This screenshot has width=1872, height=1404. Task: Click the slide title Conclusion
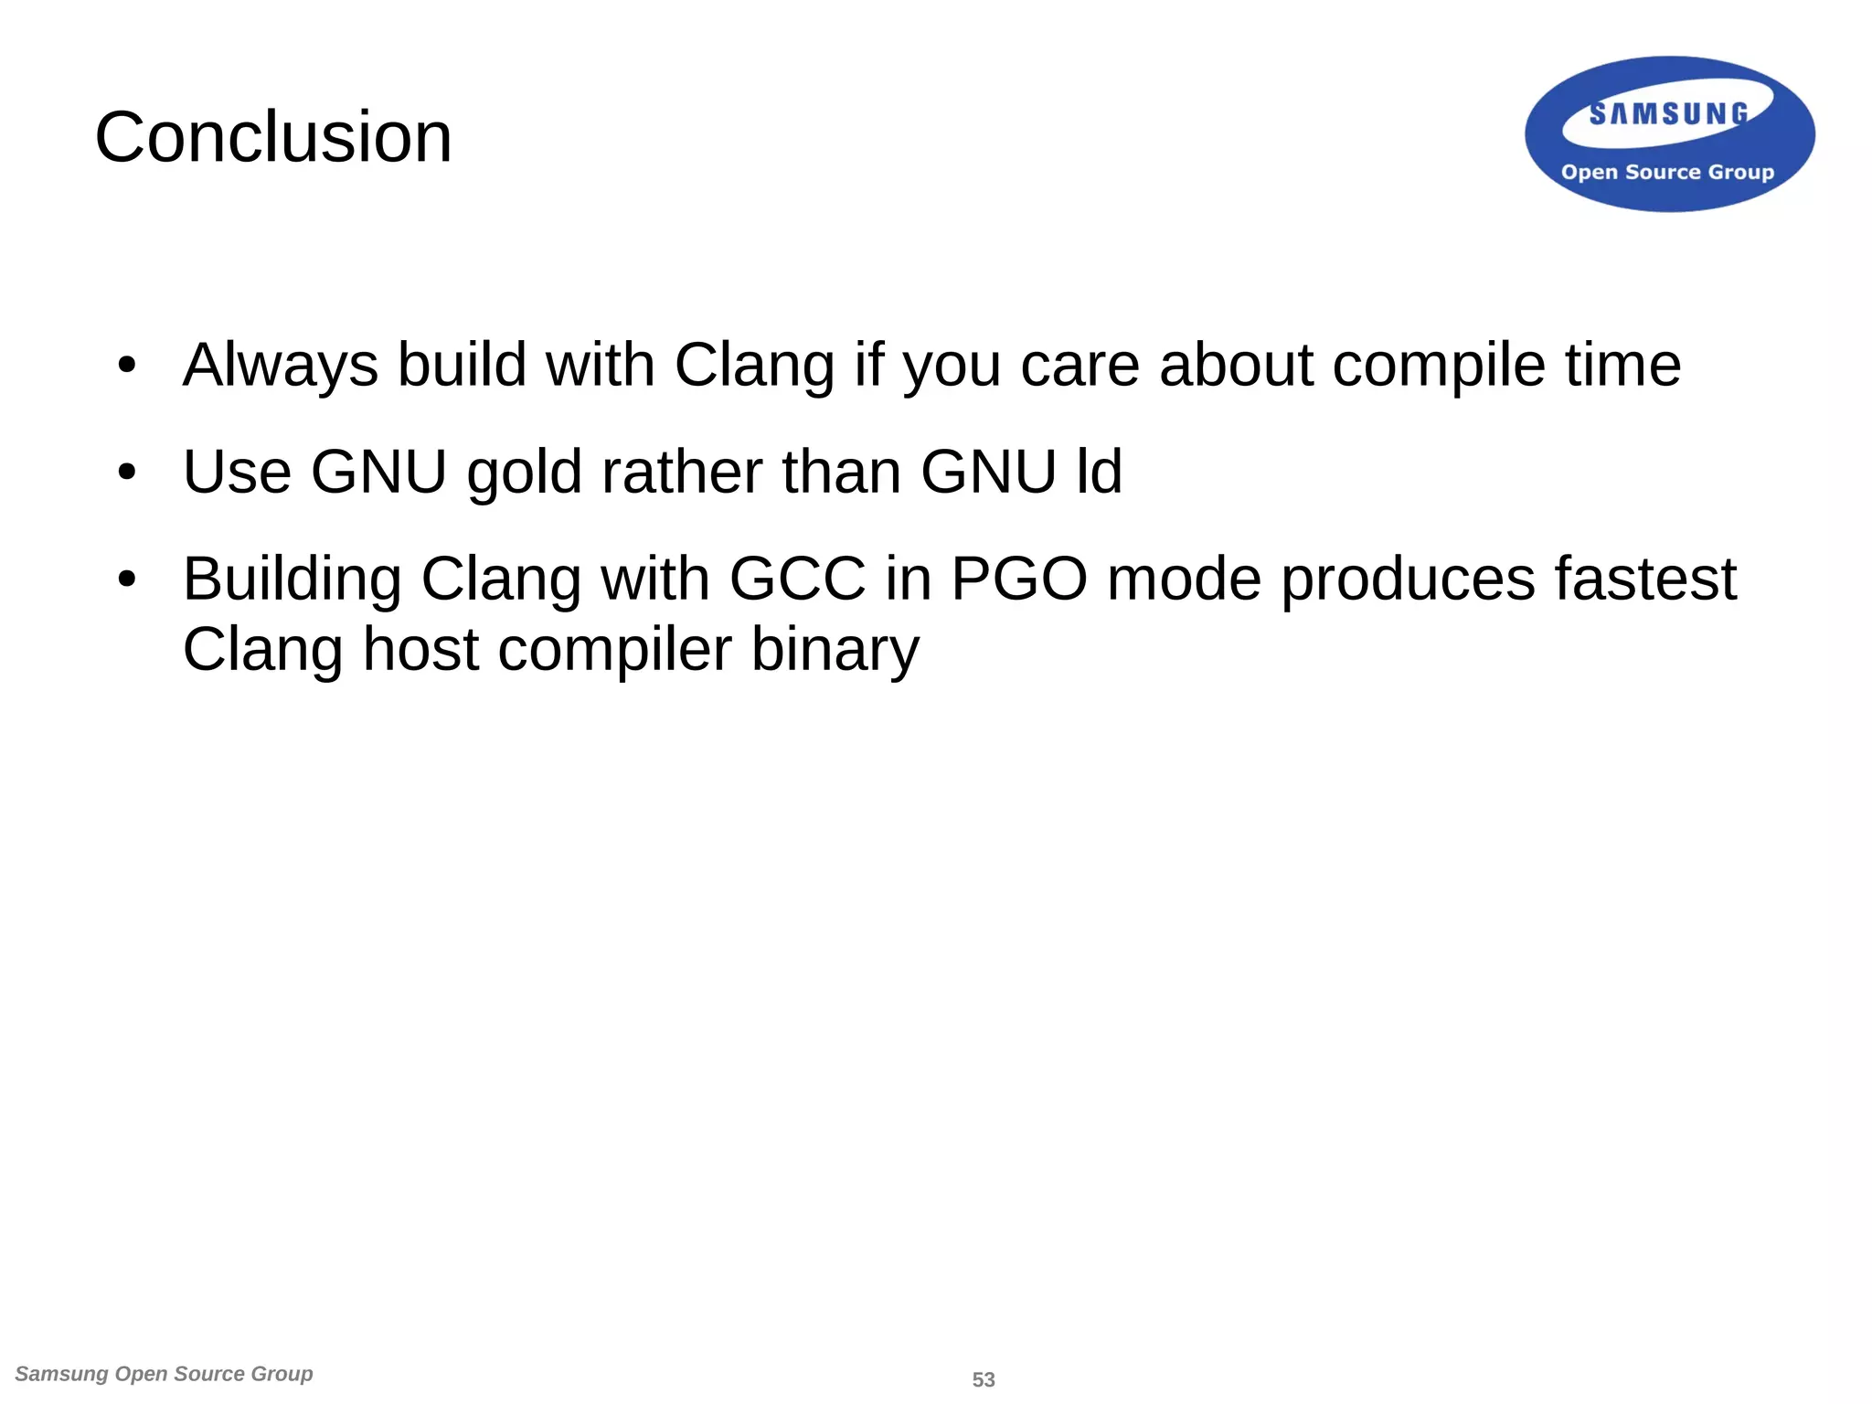pyautogui.click(x=273, y=137)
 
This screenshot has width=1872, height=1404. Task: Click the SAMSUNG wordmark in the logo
pyautogui.click(x=1668, y=113)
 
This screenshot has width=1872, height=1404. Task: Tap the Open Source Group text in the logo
pyautogui.click(x=1667, y=172)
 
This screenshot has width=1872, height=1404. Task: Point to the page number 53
pyautogui.click(x=984, y=1379)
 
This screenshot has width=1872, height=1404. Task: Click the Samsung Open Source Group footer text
pyautogui.click(x=165, y=1374)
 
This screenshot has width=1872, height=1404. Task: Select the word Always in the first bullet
pyautogui.click(x=280, y=366)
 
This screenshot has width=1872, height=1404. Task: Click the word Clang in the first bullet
pyautogui.click(x=754, y=366)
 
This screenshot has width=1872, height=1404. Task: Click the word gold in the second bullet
pyautogui.click(x=524, y=473)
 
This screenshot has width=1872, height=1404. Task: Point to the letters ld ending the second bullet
pyautogui.click(x=1099, y=472)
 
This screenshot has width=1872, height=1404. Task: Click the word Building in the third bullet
pyautogui.click(x=292, y=580)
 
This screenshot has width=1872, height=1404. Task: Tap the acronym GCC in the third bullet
pyautogui.click(x=797, y=579)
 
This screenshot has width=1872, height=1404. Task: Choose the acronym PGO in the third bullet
pyautogui.click(x=1019, y=579)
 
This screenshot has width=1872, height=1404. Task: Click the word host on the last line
pyautogui.click(x=420, y=649)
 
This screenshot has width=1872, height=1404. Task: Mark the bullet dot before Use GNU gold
pyautogui.click(x=127, y=473)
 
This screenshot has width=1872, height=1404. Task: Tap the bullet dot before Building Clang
pyautogui.click(x=127, y=580)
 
